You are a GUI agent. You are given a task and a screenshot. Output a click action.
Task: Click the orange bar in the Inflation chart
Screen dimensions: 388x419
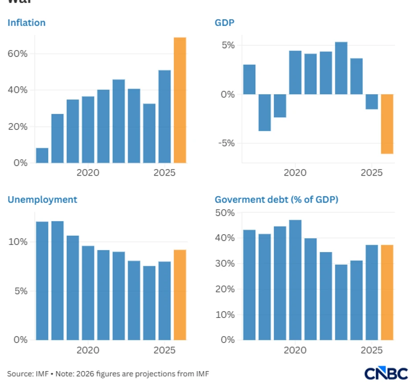click(180, 100)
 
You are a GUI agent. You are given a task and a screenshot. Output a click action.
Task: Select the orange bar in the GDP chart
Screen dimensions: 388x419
click(387, 124)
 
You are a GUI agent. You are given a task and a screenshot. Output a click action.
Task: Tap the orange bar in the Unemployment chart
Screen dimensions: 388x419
click(180, 294)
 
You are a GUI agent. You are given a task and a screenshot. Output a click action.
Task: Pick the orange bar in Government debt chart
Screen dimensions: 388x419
click(387, 292)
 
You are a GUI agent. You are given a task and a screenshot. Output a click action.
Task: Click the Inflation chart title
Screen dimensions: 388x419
click(26, 22)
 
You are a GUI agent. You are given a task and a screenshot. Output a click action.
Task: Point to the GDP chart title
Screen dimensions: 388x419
click(225, 22)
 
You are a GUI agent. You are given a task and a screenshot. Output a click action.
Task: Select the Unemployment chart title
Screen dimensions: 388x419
click(42, 199)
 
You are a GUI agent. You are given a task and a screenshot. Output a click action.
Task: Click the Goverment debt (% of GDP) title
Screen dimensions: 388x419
click(276, 199)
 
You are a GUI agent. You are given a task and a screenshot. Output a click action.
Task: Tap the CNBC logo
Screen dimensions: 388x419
click(386, 373)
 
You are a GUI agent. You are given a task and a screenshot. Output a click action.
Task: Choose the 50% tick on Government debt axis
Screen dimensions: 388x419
click(225, 213)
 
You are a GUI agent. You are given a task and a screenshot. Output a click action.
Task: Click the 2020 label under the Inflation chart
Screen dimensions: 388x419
click(88, 172)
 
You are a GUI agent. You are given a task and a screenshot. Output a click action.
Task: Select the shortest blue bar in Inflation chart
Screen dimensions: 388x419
click(42, 155)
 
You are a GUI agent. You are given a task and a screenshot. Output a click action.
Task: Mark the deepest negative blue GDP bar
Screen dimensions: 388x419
click(265, 112)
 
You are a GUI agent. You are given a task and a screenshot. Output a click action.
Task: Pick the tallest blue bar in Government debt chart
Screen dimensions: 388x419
click(295, 280)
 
